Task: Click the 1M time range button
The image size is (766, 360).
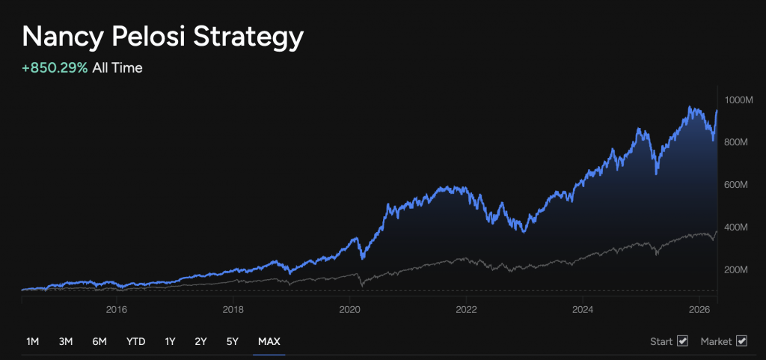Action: pyautogui.click(x=32, y=342)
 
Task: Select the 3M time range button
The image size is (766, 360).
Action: pyautogui.click(x=66, y=342)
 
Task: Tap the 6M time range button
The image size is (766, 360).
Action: pyautogui.click(x=99, y=342)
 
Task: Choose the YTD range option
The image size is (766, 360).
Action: pyautogui.click(x=135, y=342)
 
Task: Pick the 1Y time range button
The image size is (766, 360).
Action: pyautogui.click(x=170, y=342)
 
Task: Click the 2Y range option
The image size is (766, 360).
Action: pyautogui.click(x=200, y=342)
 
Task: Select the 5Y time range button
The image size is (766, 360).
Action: pyautogui.click(x=232, y=342)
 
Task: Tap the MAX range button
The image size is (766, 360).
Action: pyautogui.click(x=269, y=342)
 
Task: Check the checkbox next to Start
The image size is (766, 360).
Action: pyautogui.click(x=682, y=342)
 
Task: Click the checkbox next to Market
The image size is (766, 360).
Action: pyautogui.click(x=742, y=342)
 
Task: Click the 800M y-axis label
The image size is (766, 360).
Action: pyautogui.click(x=738, y=142)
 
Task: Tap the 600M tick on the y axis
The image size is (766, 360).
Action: pyautogui.click(x=738, y=185)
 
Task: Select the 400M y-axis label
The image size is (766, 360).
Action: pyautogui.click(x=738, y=228)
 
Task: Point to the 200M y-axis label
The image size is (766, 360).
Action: pyautogui.click(x=738, y=269)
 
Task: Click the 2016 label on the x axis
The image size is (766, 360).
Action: pyautogui.click(x=116, y=309)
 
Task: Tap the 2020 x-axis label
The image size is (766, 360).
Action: pyautogui.click(x=349, y=309)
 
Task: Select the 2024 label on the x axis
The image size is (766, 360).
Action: pyautogui.click(x=583, y=309)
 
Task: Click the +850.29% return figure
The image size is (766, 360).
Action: pyautogui.click(x=55, y=68)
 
